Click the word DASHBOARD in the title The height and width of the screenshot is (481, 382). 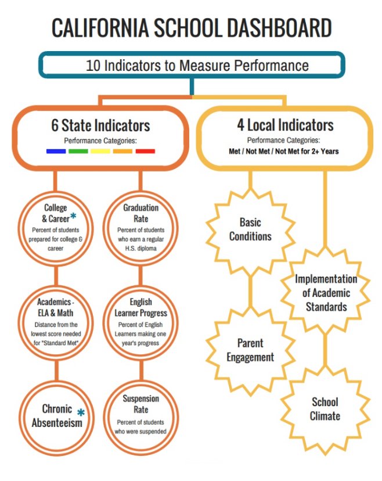pyautogui.click(x=265, y=28)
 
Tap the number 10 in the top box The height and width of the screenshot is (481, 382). pyautogui.click(x=93, y=65)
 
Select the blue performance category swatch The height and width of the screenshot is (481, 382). pyautogui.click(x=56, y=151)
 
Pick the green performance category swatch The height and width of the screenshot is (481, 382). pyautogui.click(x=78, y=151)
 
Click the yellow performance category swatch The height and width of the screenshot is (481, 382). pyautogui.click(x=100, y=151)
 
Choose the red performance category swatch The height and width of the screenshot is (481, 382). pyautogui.click(x=145, y=151)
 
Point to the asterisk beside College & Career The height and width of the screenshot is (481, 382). pyautogui.click(x=73, y=217)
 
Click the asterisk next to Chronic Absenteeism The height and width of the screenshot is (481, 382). pyautogui.click(x=81, y=412)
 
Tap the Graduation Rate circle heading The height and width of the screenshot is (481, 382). pyautogui.click(x=140, y=213)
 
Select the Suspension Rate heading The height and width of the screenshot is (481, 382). pyautogui.click(x=140, y=404)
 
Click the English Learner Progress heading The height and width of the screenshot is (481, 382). pyautogui.click(x=140, y=308)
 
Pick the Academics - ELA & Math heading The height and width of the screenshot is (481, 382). pyautogui.click(x=56, y=308)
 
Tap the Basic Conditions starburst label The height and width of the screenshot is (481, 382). pyautogui.click(x=250, y=229)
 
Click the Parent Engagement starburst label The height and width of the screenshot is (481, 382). pyautogui.click(x=250, y=350)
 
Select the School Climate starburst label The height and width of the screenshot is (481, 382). pyautogui.click(x=325, y=409)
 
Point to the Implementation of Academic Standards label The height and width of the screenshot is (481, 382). pyautogui.click(x=326, y=293)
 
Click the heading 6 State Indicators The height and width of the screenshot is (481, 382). pyautogui.click(x=100, y=125)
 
